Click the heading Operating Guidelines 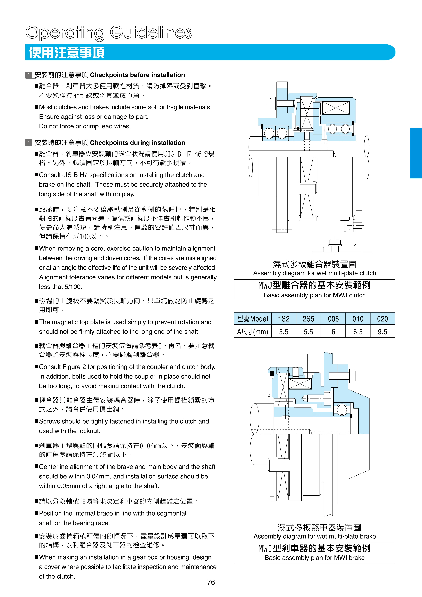(x=109, y=33)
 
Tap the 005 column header (x=333, y=319)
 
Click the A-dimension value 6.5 (x=358, y=332)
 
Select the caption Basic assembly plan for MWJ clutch (x=314, y=295)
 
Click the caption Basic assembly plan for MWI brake (x=314, y=558)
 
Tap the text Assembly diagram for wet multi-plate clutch (x=314, y=273)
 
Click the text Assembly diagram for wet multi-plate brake (x=314, y=536)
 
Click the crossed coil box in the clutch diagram (x=336, y=108)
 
